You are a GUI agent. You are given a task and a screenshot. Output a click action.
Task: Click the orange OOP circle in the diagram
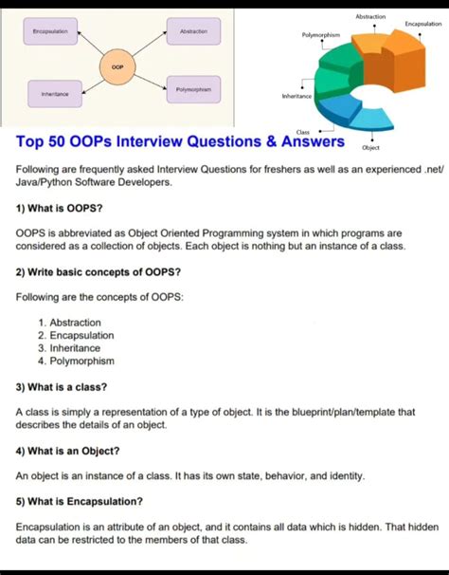click(x=117, y=67)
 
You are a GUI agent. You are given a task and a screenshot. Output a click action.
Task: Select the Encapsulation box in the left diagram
click(x=49, y=31)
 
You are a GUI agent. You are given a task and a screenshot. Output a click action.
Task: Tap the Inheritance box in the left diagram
click(x=54, y=94)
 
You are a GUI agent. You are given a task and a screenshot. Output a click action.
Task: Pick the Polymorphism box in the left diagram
click(x=193, y=89)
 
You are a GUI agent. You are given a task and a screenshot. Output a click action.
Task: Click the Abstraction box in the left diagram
click(x=193, y=31)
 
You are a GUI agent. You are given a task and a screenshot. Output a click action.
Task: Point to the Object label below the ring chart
click(x=370, y=148)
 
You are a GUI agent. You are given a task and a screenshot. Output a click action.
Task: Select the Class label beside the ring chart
click(x=303, y=132)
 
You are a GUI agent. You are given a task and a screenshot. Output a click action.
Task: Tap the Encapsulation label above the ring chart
click(x=422, y=23)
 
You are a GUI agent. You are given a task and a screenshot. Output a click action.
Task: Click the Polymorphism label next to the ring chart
click(x=321, y=34)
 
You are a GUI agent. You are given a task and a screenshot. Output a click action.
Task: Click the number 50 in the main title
click(x=68, y=141)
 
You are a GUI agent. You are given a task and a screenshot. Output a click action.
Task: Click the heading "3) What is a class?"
click(x=62, y=387)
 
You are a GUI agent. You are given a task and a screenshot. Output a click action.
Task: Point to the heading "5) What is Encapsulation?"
click(x=80, y=501)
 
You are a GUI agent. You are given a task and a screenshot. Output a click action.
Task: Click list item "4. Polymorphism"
click(x=77, y=361)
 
